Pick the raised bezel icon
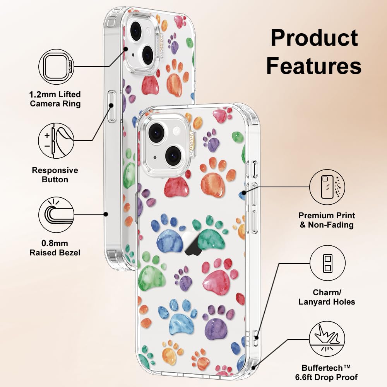pyautogui.click(x=57, y=214)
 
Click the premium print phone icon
pyautogui.click(x=327, y=187)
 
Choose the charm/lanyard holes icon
pyautogui.click(x=327, y=263)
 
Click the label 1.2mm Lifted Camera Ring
pyautogui.click(x=55, y=99)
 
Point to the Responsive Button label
pyautogui.click(x=55, y=175)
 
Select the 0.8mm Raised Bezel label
pyautogui.click(x=55, y=248)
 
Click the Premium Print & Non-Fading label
pyautogui.click(x=327, y=220)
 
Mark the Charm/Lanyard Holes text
pyautogui.click(x=327, y=297)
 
